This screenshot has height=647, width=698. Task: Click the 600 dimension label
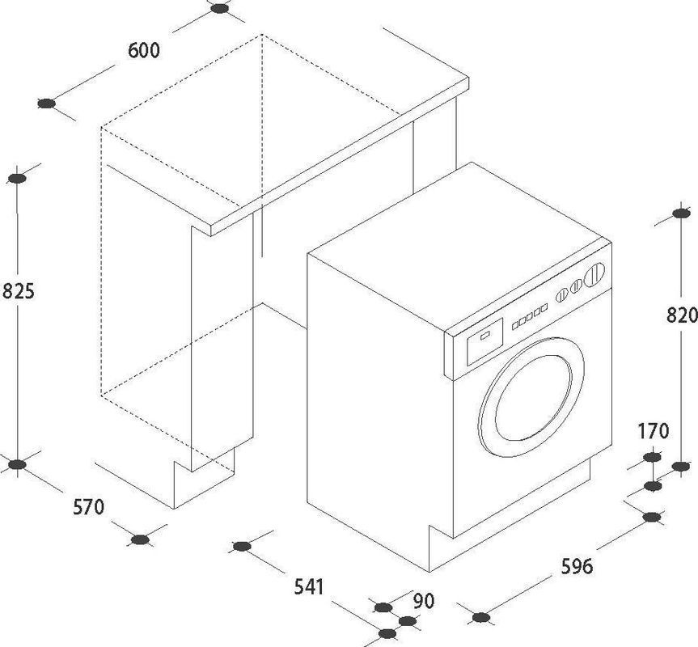(143, 50)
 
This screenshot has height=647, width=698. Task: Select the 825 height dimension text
(19, 291)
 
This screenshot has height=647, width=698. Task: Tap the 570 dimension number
(89, 507)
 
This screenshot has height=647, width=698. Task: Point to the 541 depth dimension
(309, 587)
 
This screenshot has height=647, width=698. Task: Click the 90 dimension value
(423, 601)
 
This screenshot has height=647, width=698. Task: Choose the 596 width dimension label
(577, 566)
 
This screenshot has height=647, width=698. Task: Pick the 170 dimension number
(653, 431)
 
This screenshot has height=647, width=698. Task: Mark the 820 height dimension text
(682, 315)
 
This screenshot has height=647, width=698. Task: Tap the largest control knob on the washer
(594, 274)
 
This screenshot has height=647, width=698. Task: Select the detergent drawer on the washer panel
(484, 341)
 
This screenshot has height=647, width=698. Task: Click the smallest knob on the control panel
(561, 295)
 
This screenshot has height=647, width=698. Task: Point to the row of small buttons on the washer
(529, 317)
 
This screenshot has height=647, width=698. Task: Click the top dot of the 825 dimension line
(17, 179)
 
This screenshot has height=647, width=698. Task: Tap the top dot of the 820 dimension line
(681, 214)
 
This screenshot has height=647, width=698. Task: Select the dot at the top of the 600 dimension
(219, 8)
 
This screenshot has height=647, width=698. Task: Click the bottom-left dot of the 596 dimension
(480, 617)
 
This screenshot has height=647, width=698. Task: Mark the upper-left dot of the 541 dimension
(242, 546)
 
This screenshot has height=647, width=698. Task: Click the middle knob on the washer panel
(576, 285)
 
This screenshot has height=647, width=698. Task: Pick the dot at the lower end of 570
(141, 539)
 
